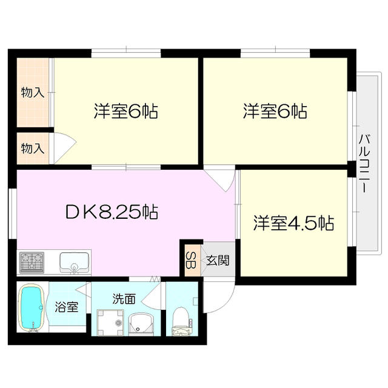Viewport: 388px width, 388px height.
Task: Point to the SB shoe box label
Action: coord(190,261)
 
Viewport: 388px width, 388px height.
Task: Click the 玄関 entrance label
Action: coord(216,261)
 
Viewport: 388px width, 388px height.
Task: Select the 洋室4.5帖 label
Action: coord(293,223)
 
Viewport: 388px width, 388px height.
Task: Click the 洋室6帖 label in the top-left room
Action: coord(125,112)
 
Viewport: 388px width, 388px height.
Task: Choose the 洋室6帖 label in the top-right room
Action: coord(275,112)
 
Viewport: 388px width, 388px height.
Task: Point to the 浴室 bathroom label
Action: coord(67,306)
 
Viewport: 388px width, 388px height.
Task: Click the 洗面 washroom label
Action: coord(124,298)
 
